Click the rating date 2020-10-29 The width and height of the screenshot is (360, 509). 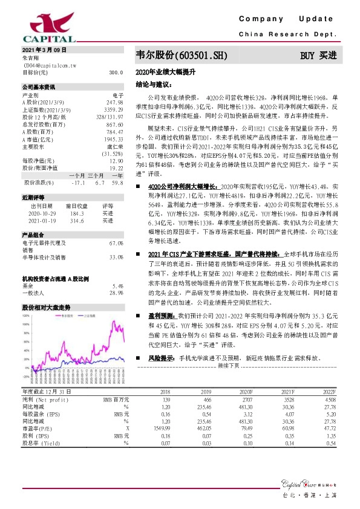(x=41, y=213)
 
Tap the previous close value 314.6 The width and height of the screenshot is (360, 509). (x=76, y=221)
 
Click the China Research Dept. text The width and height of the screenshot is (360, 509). (x=287, y=34)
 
